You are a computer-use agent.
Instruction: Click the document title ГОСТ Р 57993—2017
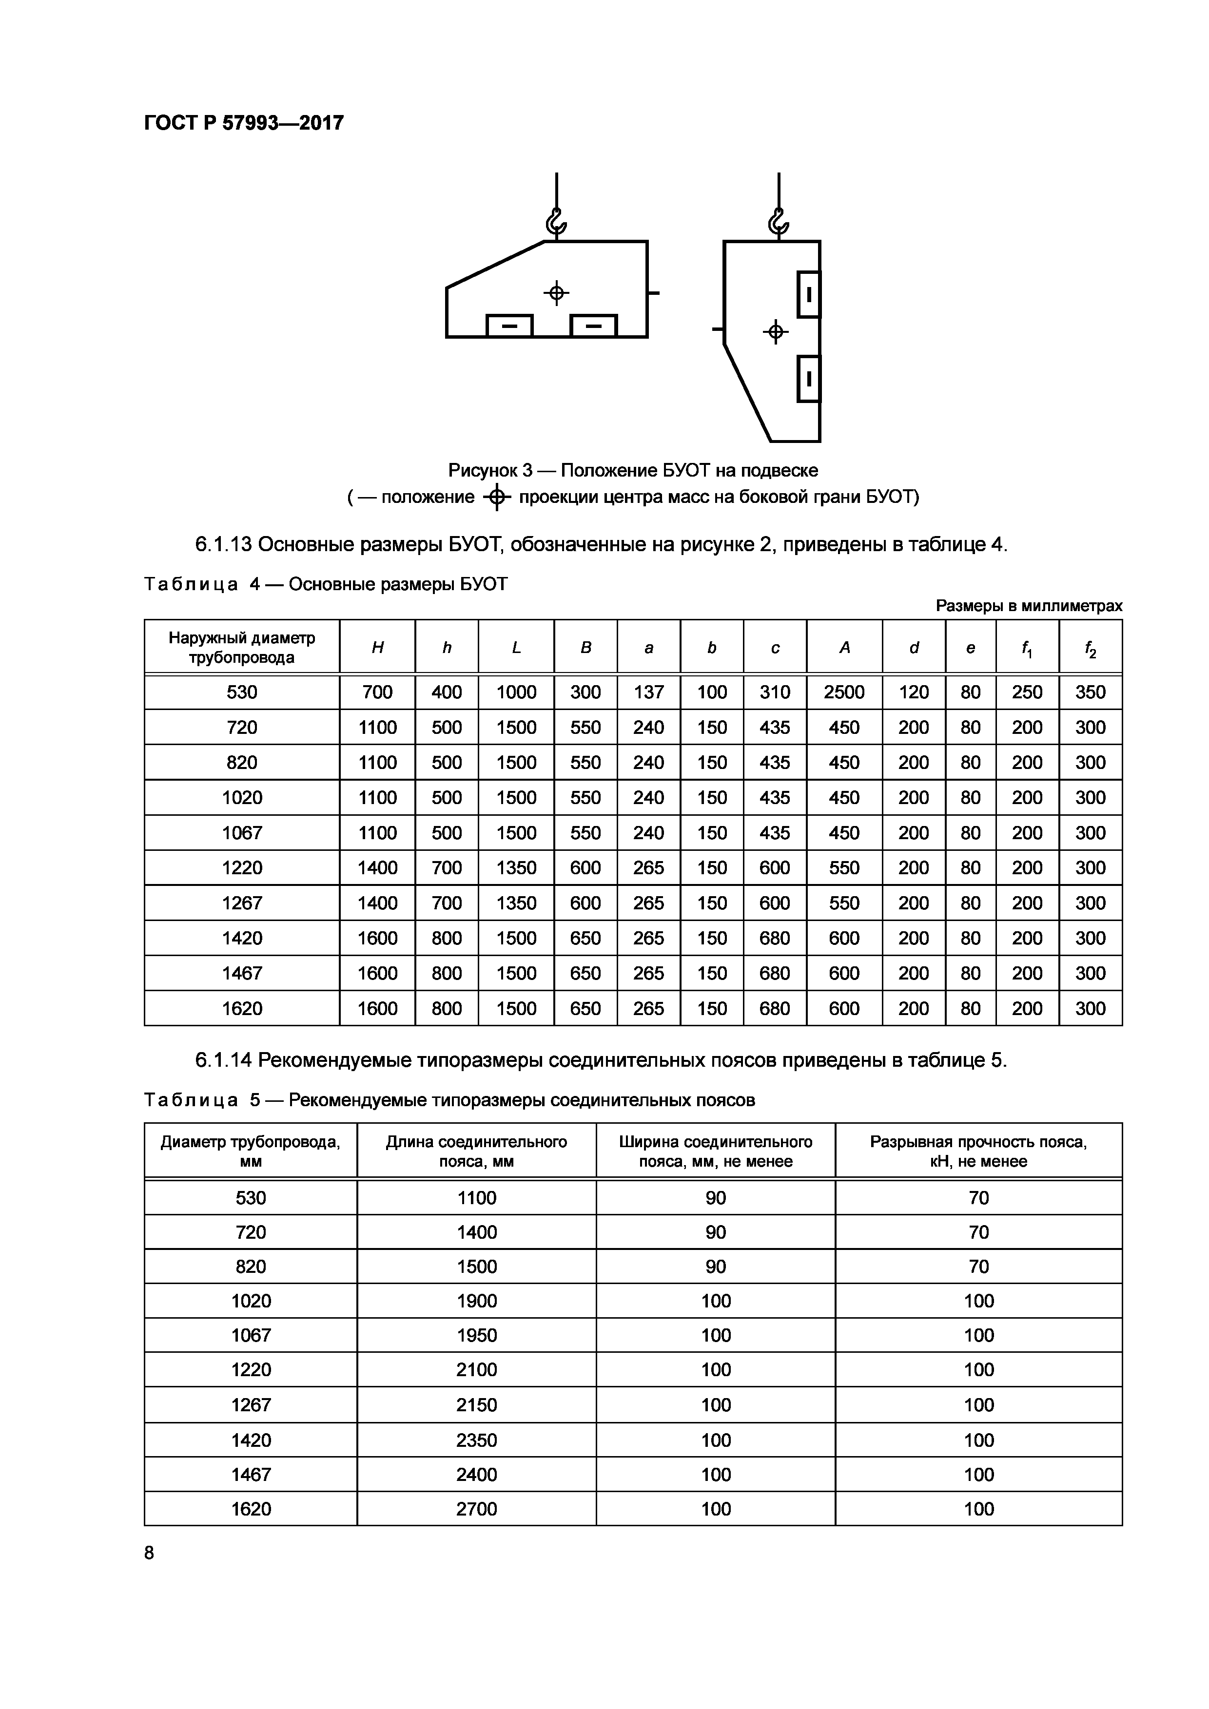click(243, 123)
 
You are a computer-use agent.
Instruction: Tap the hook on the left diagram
click(556, 222)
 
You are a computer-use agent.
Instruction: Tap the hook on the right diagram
click(778, 222)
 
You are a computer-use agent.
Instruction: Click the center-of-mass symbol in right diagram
click(776, 331)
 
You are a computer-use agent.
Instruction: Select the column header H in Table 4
click(377, 648)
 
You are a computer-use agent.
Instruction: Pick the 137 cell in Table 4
click(648, 692)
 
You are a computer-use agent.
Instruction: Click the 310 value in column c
click(774, 692)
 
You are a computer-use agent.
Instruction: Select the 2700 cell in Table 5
click(476, 1509)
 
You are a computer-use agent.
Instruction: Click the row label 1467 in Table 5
click(251, 1475)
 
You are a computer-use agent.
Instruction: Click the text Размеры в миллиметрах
click(1028, 606)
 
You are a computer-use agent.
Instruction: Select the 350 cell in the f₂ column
click(1090, 692)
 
